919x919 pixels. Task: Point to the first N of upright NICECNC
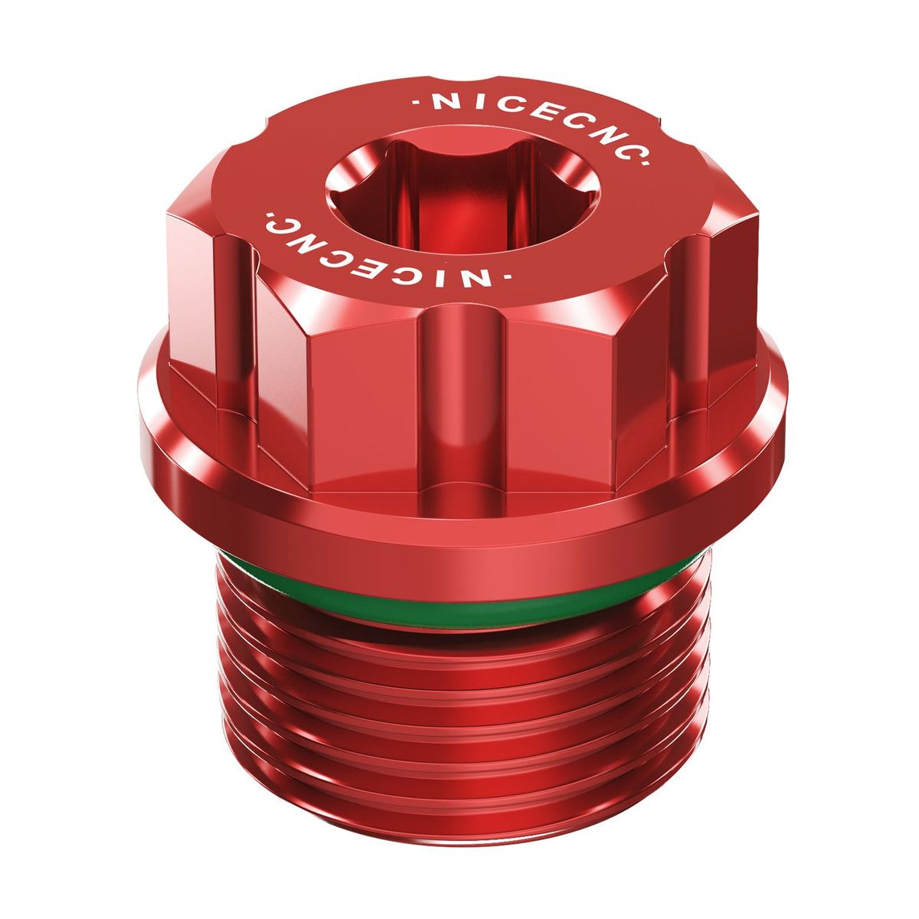click(x=442, y=103)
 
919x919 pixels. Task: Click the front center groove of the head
click(x=462, y=398)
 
